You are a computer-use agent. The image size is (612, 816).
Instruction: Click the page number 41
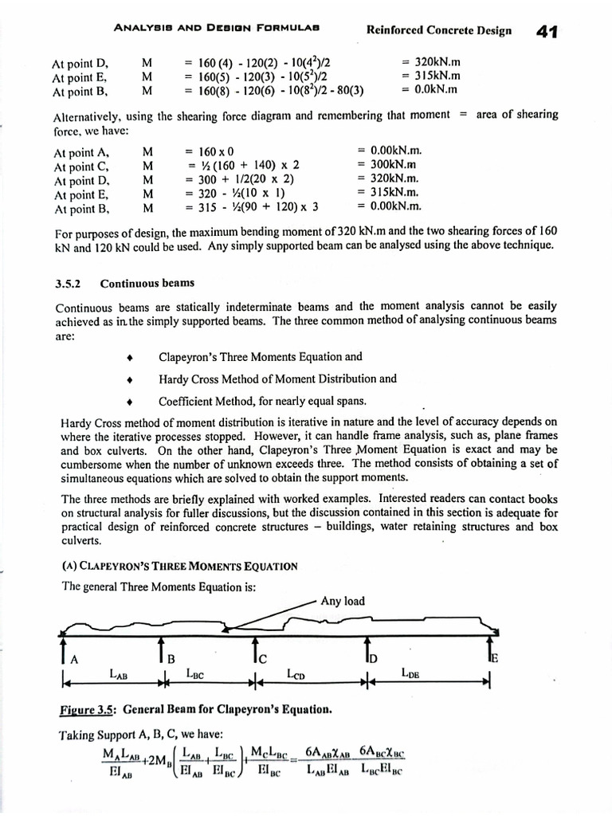coord(546,32)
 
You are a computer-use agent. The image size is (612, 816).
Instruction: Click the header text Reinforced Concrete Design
coord(438,31)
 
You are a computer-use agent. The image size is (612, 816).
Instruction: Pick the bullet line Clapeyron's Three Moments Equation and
coord(261,356)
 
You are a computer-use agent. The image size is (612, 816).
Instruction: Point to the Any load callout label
coord(343,602)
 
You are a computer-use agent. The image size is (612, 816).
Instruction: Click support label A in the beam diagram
coord(74,659)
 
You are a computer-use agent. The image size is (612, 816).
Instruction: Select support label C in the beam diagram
coord(264,658)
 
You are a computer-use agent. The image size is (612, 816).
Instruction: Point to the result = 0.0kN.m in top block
coord(430,89)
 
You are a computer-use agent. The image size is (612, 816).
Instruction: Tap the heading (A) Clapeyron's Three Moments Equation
coord(179,566)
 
